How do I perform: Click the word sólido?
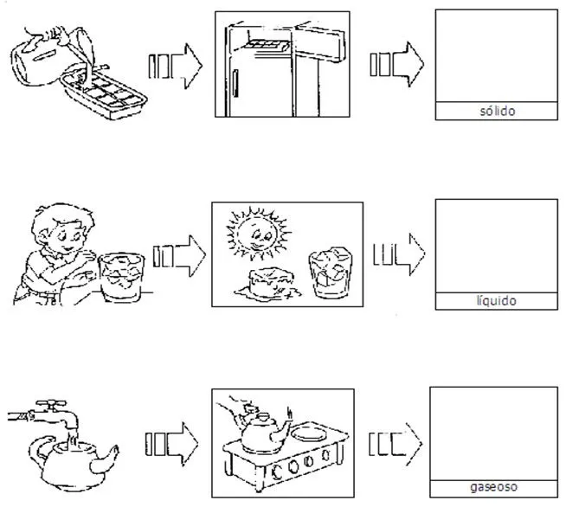point(497,111)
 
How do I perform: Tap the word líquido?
point(497,301)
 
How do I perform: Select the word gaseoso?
point(493,487)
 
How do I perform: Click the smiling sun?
point(258,234)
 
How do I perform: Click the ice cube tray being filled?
point(104,94)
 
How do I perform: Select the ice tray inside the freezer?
point(267,45)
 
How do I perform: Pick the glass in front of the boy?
point(121,277)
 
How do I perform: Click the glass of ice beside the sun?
point(330,273)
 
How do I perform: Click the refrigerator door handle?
point(235,84)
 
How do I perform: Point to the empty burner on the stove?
point(310,433)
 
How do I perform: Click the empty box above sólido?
point(497,56)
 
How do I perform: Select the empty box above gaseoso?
point(493,433)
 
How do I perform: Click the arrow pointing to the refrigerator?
point(176,66)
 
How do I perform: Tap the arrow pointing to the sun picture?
point(179,256)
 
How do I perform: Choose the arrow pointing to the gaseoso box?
point(396,444)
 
